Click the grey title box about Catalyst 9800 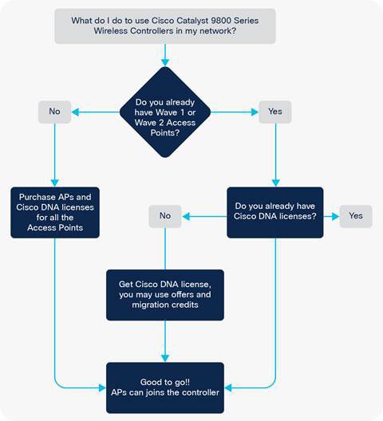[x=165, y=26]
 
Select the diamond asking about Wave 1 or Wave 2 [x=165, y=112]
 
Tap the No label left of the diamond [x=54, y=112]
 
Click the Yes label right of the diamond [x=275, y=112]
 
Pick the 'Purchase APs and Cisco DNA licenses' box [x=55, y=212]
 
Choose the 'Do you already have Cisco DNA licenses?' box [x=275, y=212]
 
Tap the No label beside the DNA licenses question [x=165, y=216]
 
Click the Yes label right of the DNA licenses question [x=356, y=216]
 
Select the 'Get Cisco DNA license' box [x=165, y=295]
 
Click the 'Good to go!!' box [x=165, y=388]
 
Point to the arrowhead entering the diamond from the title [x=165, y=62]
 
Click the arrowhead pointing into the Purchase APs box [x=55, y=183]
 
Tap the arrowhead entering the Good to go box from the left [x=102, y=388]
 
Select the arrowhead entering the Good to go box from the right [x=228, y=388]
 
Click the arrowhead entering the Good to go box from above [x=165, y=359]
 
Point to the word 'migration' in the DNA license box [x=148, y=305]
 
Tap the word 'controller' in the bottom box [x=200, y=392]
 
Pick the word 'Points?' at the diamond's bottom [x=165, y=133]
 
